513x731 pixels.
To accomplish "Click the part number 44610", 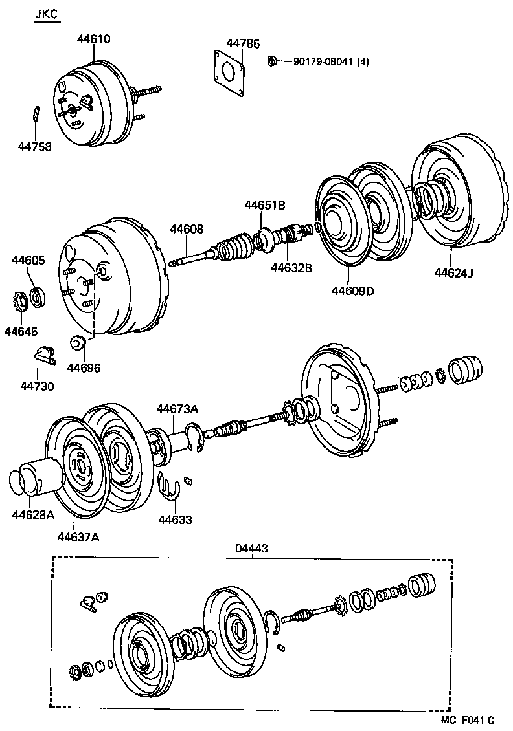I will click(93, 39).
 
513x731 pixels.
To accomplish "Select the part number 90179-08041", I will click(322, 62).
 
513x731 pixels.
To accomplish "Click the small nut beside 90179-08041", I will click(273, 61).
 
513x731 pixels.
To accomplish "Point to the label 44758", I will click(34, 147).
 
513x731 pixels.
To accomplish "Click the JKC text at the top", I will click(46, 14).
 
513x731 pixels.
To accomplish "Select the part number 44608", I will click(187, 229).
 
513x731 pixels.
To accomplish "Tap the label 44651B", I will click(265, 205).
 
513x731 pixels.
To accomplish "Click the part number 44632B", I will click(291, 267).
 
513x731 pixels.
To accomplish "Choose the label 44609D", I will click(352, 290).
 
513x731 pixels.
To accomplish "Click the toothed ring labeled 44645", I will click(19, 301).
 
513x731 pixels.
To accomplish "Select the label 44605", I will click(28, 261).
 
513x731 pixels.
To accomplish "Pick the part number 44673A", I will click(176, 409).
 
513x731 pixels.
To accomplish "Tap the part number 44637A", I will click(78, 536).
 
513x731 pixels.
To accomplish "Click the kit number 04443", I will click(251, 548).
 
